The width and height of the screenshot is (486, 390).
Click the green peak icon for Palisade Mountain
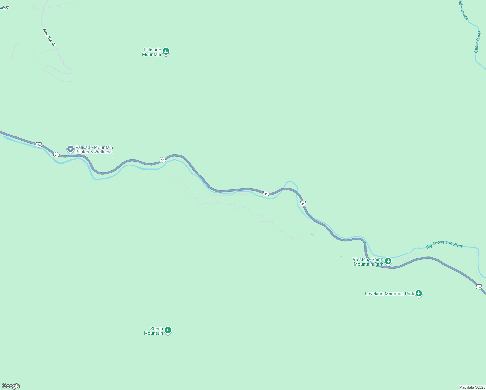tap(166, 51)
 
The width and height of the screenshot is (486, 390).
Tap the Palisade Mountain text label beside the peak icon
tap(152, 52)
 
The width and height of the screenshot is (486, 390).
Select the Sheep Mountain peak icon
tap(168, 330)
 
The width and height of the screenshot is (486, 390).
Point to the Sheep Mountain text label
tap(154, 331)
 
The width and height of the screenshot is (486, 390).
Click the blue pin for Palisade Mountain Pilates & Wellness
tap(70, 149)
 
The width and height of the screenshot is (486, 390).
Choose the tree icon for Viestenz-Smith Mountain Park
tap(388, 261)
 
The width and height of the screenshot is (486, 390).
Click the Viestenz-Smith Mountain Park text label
tap(368, 262)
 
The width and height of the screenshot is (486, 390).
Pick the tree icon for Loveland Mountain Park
tap(419, 293)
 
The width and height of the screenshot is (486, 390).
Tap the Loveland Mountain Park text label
tap(390, 294)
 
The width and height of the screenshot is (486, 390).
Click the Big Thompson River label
tap(444, 244)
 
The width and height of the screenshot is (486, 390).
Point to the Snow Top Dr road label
tap(49, 37)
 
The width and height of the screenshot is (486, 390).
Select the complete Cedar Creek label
tap(477, 42)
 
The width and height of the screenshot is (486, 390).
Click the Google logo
tap(11, 386)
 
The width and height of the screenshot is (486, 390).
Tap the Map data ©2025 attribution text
tap(472, 387)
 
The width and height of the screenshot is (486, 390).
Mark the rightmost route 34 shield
tap(479, 287)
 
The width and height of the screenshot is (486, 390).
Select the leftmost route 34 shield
tap(39, 145)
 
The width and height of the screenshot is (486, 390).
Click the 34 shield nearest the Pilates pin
tap(57, 154)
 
